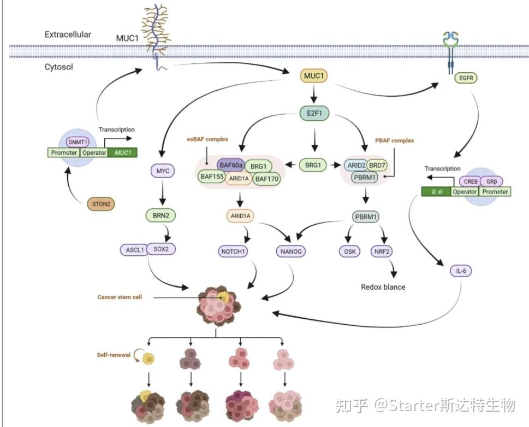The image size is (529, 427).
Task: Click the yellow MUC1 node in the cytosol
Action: click(313, 76)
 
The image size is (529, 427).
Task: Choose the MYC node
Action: click(162, 171)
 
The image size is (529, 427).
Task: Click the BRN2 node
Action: click(162, 216)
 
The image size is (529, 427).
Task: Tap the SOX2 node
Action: click(162, 250)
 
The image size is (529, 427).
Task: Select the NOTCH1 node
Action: click(234, 251)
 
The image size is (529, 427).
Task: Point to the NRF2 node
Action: click(381, 251)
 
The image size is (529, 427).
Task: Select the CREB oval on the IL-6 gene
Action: click(468, 182)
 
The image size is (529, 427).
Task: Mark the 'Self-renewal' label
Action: click(114, 355)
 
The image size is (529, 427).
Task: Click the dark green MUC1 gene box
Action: click(123, 153)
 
